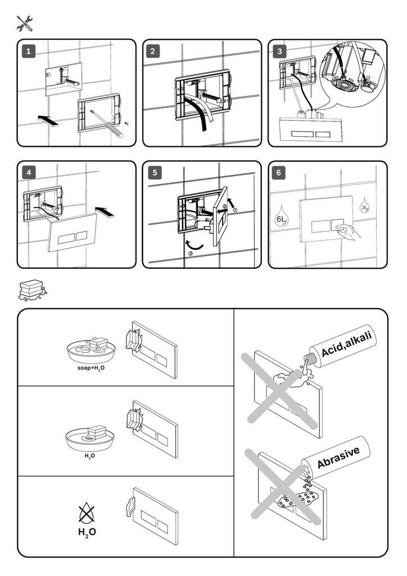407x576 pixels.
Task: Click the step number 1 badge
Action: coord(29,52)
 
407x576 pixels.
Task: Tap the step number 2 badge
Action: coord(153,52)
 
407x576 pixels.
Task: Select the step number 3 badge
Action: coord(279,52)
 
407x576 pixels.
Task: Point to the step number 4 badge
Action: coord(29,173)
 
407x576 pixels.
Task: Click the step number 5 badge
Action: coord(153,173)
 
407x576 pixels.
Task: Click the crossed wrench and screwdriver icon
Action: coord(25,23)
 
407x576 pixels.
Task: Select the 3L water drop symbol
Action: coord(365,205)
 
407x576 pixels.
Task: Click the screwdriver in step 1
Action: coord(106,123)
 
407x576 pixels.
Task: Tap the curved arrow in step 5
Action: coord(194,245)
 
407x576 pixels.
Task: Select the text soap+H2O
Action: coord(91,368)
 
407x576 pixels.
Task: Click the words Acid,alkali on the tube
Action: coord(346,344)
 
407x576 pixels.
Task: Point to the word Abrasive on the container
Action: coord(338,456)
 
